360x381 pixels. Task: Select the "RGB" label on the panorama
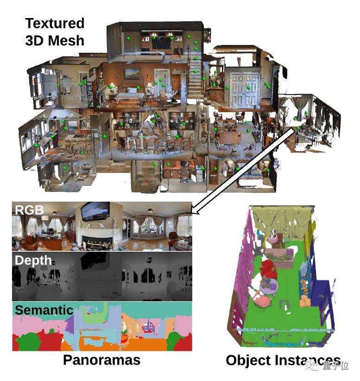tap(29, 210)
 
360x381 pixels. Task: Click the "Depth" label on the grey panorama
tap(33, 260)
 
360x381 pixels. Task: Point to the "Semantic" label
tap(44, 310)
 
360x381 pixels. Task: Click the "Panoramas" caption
tap(101, 360)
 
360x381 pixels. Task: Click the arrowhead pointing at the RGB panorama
tap(195, 211)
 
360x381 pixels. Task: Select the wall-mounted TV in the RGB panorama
tap(95, 211)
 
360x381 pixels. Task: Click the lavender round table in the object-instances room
tap(269, 286)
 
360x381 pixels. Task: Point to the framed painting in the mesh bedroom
tap(132, 73)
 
